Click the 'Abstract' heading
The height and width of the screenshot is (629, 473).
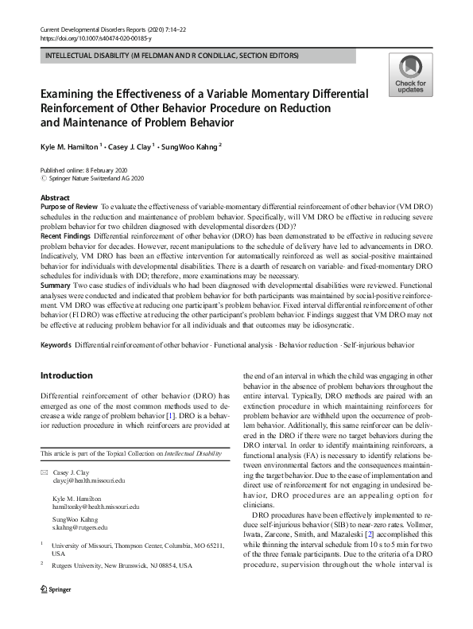pos(55,197)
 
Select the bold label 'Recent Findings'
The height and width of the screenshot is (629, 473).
pos(66,236)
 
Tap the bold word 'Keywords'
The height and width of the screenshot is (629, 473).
pos(56,344)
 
